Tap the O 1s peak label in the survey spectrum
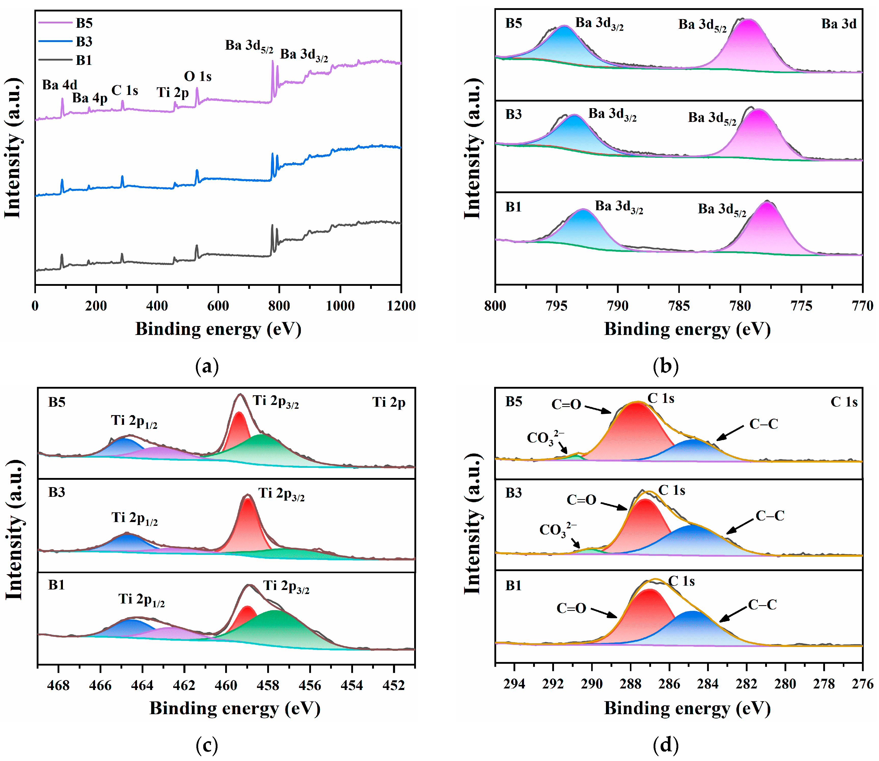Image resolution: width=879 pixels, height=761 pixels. click(x=198, y=76)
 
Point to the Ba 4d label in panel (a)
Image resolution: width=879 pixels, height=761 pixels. click(x=60, y=85)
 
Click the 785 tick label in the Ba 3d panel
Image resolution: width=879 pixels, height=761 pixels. click(x=679, y=306)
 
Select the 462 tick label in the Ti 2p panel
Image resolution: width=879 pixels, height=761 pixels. click(x=184, y=685)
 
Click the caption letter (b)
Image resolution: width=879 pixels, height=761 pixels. click(x=666, y=366)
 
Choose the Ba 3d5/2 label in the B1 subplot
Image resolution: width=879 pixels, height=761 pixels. click(x=722, y=209)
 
